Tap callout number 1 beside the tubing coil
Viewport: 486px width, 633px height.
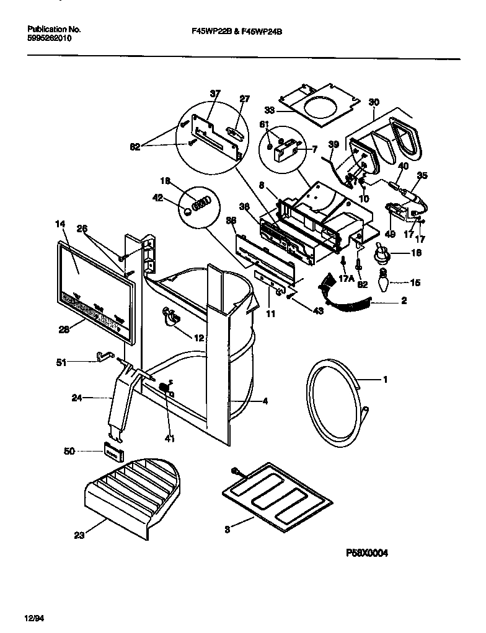coord(385,380)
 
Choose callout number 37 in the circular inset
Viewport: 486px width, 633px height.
coord(214,94)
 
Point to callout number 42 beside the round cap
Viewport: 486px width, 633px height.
coord(157,198)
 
